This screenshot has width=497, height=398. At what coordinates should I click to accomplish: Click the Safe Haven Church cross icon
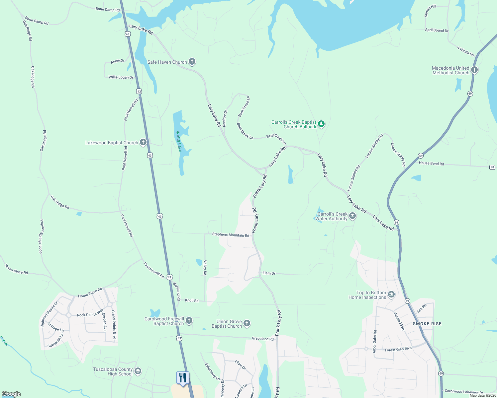click(192, 62)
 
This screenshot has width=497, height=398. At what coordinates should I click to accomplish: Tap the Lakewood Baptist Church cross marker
click(143, 143)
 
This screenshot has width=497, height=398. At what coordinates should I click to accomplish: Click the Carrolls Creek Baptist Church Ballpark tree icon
click(321, 124)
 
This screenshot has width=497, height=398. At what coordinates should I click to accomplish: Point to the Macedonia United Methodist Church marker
click(474, 70)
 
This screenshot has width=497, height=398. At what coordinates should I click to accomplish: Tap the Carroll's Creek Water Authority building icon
click(352, 216)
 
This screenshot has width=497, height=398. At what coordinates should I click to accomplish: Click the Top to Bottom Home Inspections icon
click(391, 295)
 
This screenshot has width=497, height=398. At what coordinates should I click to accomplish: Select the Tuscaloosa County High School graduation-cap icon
click(138, 371)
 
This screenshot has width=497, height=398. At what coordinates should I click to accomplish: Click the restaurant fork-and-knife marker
click(183, 378)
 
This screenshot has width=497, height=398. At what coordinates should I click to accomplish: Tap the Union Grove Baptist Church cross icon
click(247, 323)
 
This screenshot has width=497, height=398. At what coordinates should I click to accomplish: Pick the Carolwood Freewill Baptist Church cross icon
click(189, 320)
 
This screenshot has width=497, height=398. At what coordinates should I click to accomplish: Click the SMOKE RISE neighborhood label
click(427, 324)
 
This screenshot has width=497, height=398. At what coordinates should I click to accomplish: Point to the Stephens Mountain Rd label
click(231, 235)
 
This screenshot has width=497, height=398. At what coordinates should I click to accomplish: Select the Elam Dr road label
click(269, 273)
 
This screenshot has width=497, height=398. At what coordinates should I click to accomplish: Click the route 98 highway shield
click(492, 167)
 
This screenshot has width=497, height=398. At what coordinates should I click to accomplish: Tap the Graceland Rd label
click(262, 339)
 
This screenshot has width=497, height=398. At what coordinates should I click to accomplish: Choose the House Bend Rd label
click(431, 163)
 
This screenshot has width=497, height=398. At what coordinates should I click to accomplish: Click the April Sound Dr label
click(437, 30)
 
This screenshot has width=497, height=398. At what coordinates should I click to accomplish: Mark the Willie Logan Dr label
click(121, 77)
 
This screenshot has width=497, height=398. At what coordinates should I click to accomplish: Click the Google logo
click(11, 394)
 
